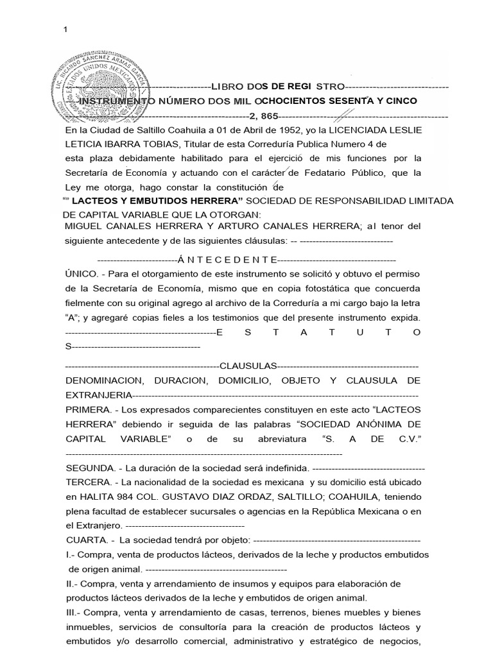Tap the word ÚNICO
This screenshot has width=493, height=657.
pos(80,274)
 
